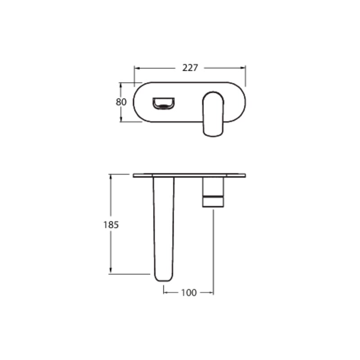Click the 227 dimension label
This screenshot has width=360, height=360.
pyautogui.click(x=190, y=68)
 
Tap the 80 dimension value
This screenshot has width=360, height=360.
pyautogui.click(x=121, y=102)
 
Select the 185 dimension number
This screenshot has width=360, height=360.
pyautogui.click(x=111, y=225)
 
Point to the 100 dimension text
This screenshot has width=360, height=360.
pyautogui.click(x=189, y=293)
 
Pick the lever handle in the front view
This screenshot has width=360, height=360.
pyautogui.click(x=213, y=114)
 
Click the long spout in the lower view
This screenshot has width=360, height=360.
pyautogui.click(x=163, y=229)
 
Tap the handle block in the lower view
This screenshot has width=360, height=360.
pyautogui.click(x=213, y=193)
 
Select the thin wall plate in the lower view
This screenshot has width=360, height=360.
pyautogui.click(x=189, y=175)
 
